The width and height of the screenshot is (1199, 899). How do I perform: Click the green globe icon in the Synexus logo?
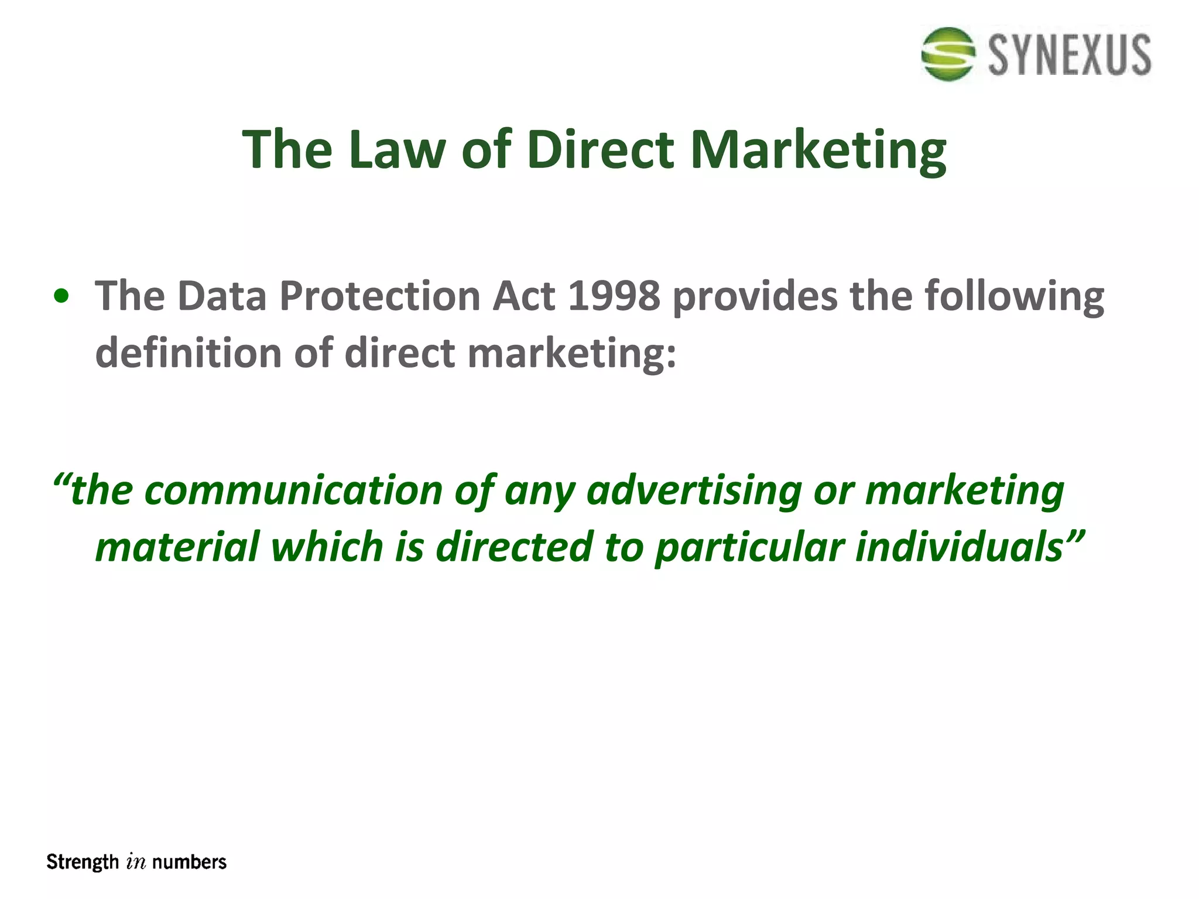pos(948,54)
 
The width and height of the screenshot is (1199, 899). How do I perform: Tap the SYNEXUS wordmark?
pos(1070,55)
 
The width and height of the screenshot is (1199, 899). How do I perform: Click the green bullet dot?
pos(61,297)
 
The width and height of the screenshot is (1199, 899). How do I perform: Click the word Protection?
pos(380,296)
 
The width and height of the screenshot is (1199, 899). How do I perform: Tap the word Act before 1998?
pos(523,296)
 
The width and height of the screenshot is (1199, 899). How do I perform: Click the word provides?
pos(755,297)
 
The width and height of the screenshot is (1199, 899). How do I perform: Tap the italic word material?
pos(177,547)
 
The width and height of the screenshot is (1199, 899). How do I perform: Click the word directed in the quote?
pos(515,547)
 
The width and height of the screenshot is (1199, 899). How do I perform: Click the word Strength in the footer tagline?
pos(83,862)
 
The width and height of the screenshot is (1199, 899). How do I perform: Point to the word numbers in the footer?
pos(189,862)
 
